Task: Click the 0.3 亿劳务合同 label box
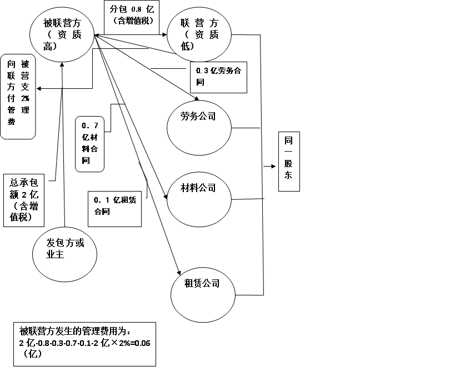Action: [x=218, y=77]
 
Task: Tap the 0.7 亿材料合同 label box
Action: [x=89, y=143]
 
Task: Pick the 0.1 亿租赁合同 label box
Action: [x=114, y=208]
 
